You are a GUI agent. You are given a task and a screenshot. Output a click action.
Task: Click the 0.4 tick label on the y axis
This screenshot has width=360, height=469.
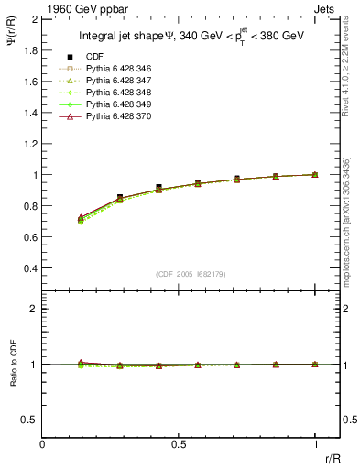coord(30,268)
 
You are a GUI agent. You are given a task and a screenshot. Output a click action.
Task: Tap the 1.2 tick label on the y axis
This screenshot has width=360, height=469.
coord(30,144)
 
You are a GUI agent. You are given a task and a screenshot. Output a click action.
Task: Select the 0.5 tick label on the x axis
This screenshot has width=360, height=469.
coord(179,446)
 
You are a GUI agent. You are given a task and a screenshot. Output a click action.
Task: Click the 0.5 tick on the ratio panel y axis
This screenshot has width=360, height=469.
coord(30,420)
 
